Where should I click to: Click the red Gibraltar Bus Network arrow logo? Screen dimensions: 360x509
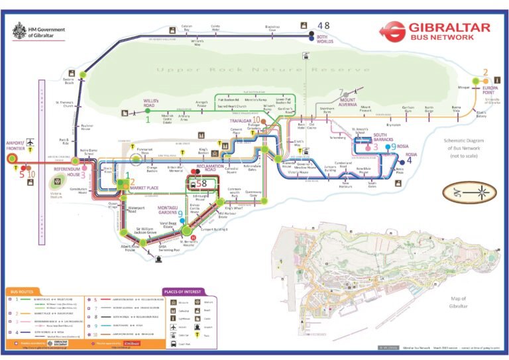pyautogui.click(x=393, y=31)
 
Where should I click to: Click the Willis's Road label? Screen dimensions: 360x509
pyautogui.click(x=152, y=103)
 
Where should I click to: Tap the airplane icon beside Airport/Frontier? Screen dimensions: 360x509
pyautogui.click(x=30, y=142)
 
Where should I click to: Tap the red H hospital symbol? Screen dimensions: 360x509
pyautogui.click(x=193, y=237)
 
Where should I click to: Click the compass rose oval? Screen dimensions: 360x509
pyautogui.click(x=470, y=193)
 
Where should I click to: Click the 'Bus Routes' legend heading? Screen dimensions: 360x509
pyautogui.click(x=27, y=291)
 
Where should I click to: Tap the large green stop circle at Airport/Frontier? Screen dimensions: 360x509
pyautogui.click(x=11, y=159)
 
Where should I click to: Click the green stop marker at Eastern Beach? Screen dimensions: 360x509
pyautogui.click(x=82, y=74)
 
